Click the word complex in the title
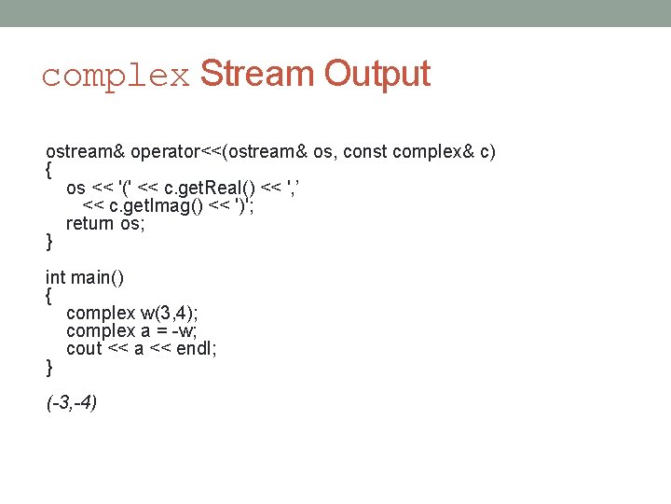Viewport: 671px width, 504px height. (116, 75)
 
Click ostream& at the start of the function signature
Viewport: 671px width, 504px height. (85, 151)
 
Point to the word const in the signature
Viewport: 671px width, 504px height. (363, 151)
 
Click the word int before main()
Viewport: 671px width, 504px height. (56, 277)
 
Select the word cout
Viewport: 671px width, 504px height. (84, 348)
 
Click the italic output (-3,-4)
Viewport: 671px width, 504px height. (72, 403)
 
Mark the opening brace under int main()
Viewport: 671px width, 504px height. (49, 296)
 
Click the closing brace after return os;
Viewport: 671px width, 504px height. (49, 242)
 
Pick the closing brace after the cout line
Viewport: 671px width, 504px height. (49, 367)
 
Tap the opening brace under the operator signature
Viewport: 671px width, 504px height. (49, 171)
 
